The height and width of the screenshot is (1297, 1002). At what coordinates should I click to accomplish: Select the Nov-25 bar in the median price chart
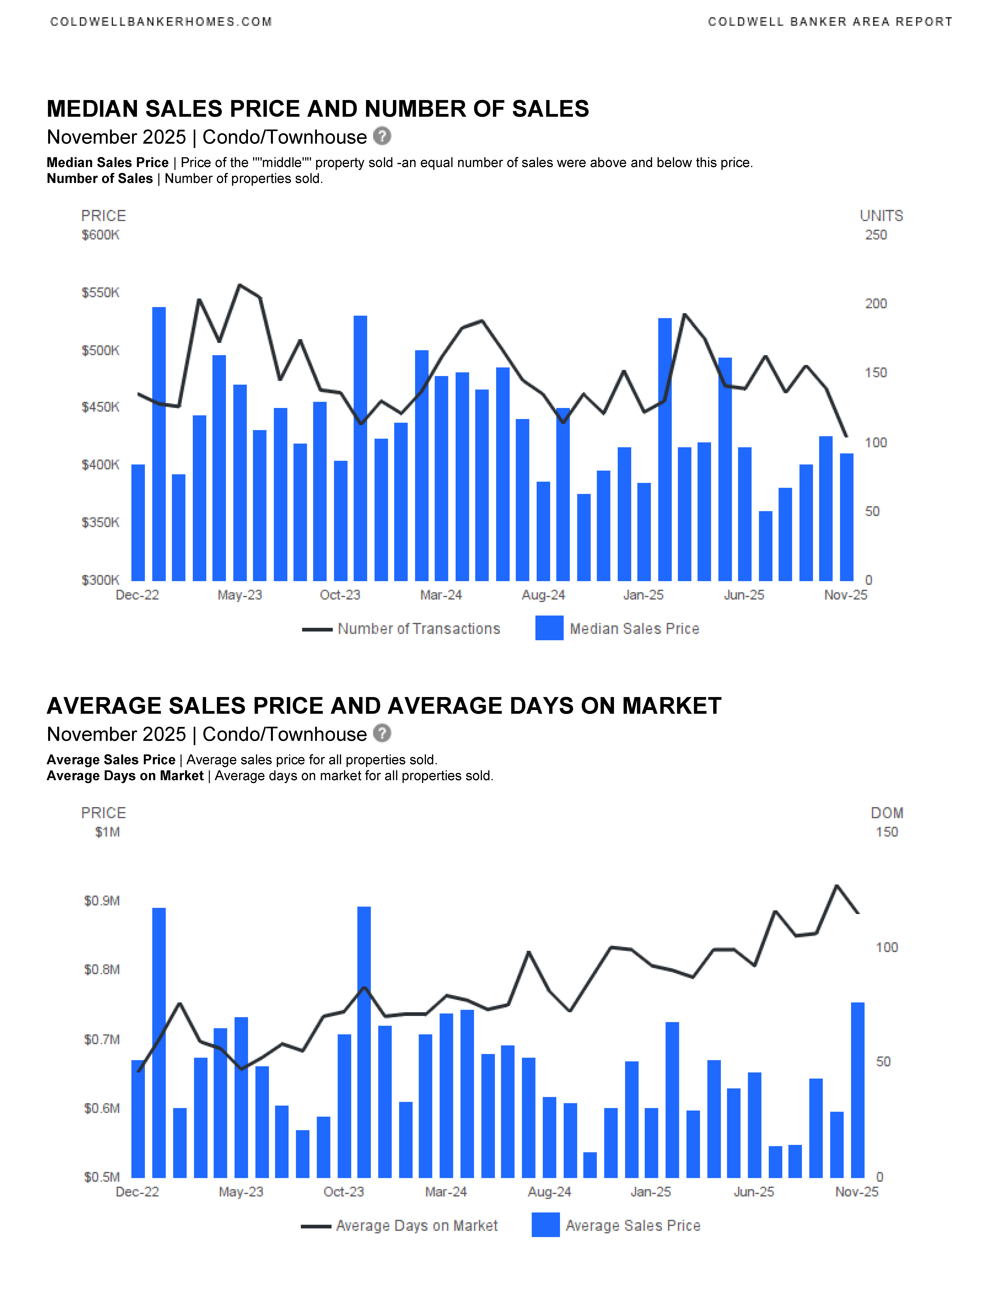846,517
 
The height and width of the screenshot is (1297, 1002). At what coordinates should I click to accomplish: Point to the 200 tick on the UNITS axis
875,303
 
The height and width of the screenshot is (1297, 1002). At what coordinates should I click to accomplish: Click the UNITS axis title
881,216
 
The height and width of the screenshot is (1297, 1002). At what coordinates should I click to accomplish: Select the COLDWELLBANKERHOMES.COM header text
161,22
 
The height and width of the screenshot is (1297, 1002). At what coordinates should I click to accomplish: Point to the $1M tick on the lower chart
107,832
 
